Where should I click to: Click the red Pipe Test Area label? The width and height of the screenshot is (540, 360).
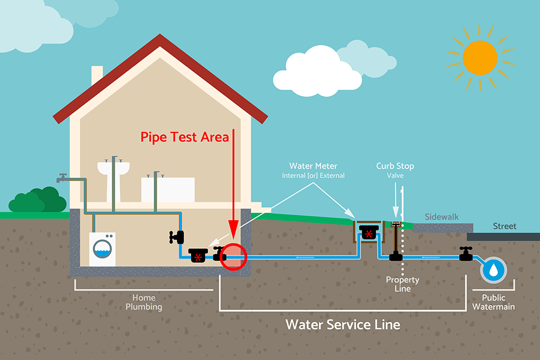click(x=185, y=137)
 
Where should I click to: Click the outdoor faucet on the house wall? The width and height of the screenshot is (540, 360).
click(x=63, y=177)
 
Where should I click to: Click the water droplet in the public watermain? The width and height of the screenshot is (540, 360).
click(x=492, y=269)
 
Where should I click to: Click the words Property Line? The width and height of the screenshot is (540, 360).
click(x=402, y=284)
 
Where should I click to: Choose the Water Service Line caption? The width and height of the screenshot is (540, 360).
click(x=343, y=324)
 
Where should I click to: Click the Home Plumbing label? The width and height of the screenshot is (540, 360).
click(x=144, y=302)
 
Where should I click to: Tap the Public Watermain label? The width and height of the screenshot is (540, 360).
click(x=494, y=302)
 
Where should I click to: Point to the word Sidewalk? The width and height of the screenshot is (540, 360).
click(x=441, y=216)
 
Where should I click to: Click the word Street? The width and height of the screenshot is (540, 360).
click(x=504, y=226)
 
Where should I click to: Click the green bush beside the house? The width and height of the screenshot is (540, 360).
click(x=37, y=200)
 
